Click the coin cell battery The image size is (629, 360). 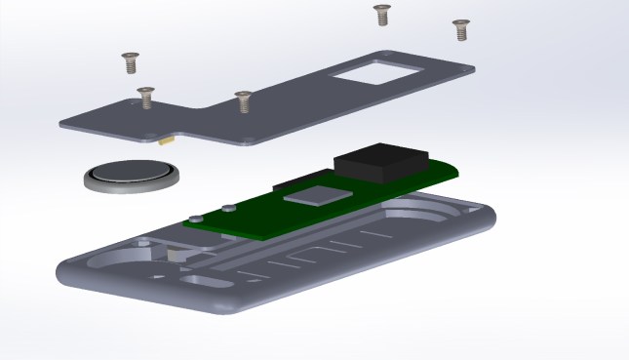[130, 174]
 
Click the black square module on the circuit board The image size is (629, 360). [381, 160]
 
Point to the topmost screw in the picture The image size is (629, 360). [381, 14]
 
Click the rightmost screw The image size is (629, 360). [460, 28]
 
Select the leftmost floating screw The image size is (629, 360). [129, 62]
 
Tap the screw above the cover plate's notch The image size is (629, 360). [243, 99]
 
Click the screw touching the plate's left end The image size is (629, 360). [145, 96]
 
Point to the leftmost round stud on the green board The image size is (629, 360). [197, 217]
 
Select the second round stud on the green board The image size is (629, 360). [226, 208]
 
